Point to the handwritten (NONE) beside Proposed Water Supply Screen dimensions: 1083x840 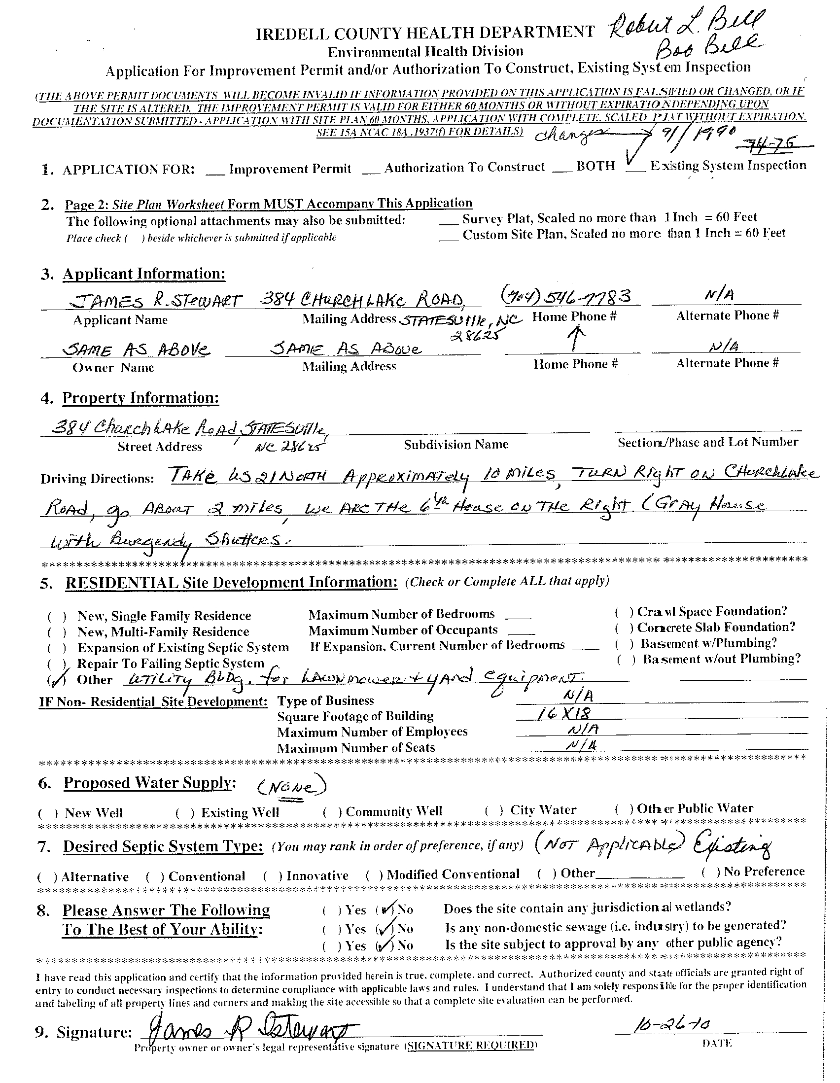click(291, 787)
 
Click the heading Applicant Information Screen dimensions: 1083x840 click(143, 274)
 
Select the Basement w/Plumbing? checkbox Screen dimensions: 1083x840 click(624, 644)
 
